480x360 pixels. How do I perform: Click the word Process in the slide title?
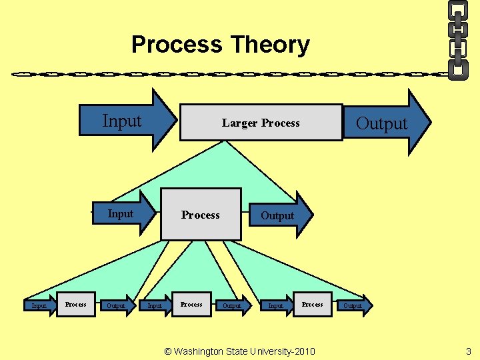[177, 45]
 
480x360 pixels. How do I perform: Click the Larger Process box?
[261, 123]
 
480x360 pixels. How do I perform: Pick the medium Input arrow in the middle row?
[123, 214]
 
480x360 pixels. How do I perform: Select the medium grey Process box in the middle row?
[201, 215]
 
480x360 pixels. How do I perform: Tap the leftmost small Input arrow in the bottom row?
[40, 305]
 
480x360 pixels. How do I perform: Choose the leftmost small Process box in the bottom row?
[75, 304]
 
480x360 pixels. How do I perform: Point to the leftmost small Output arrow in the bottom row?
[117, 305]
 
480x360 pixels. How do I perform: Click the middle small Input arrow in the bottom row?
[155, 305]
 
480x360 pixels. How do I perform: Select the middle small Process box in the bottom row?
[191, 304]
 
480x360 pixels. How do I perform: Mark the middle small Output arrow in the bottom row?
[233, 305]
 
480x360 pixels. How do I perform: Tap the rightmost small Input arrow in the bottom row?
[276, 305]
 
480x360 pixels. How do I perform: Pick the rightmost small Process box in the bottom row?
[312, 304]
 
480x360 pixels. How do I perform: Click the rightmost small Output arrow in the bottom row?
[353, 305]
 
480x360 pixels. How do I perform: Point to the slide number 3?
[468, 351]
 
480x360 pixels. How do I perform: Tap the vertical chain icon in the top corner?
[458, 39]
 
